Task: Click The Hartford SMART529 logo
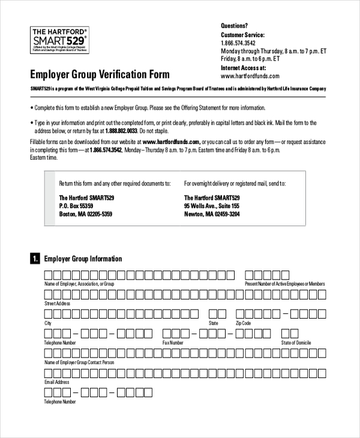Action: click(x=59, y=40)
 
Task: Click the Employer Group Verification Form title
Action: click(x=100, y=75)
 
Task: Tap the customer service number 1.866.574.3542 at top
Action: click(x=238, y=43)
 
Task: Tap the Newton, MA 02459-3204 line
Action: click(x=212, y=214)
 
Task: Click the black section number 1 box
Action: click(x=35, y=259)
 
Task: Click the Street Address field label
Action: click(x=58, y=304)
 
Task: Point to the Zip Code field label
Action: click(x=243, y=323)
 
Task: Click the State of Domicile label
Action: click(x=296, y=343)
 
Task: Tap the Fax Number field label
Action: click(x=173, y=343)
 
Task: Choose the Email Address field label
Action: click(x=57, y=382)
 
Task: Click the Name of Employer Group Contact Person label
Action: click(x=79, y=362)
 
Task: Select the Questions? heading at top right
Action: click(x=234, y=26)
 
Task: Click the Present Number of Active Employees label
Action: click(x=285, y=284)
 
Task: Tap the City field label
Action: click(x=48, y=323)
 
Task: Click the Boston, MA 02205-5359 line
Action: click(x=85, y=214)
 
